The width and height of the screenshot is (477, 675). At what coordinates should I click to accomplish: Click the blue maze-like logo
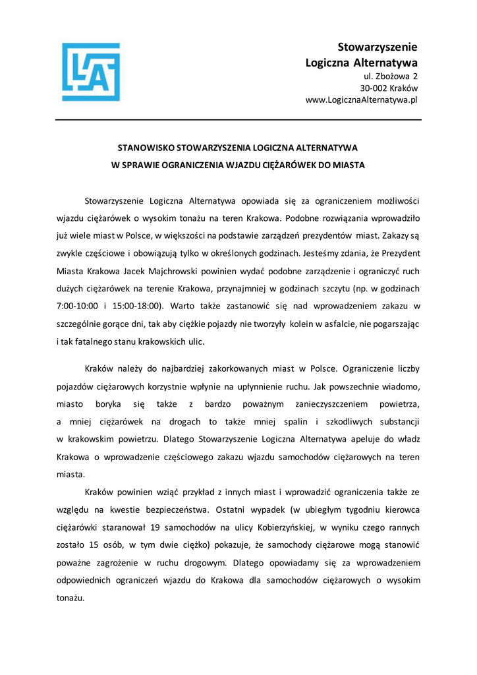[91, 72]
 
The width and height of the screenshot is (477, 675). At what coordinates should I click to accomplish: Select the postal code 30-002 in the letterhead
[373, 88]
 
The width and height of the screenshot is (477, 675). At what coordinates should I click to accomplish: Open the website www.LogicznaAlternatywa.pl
[362, 100]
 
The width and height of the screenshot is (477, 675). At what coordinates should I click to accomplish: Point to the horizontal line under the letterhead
[238, 120]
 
